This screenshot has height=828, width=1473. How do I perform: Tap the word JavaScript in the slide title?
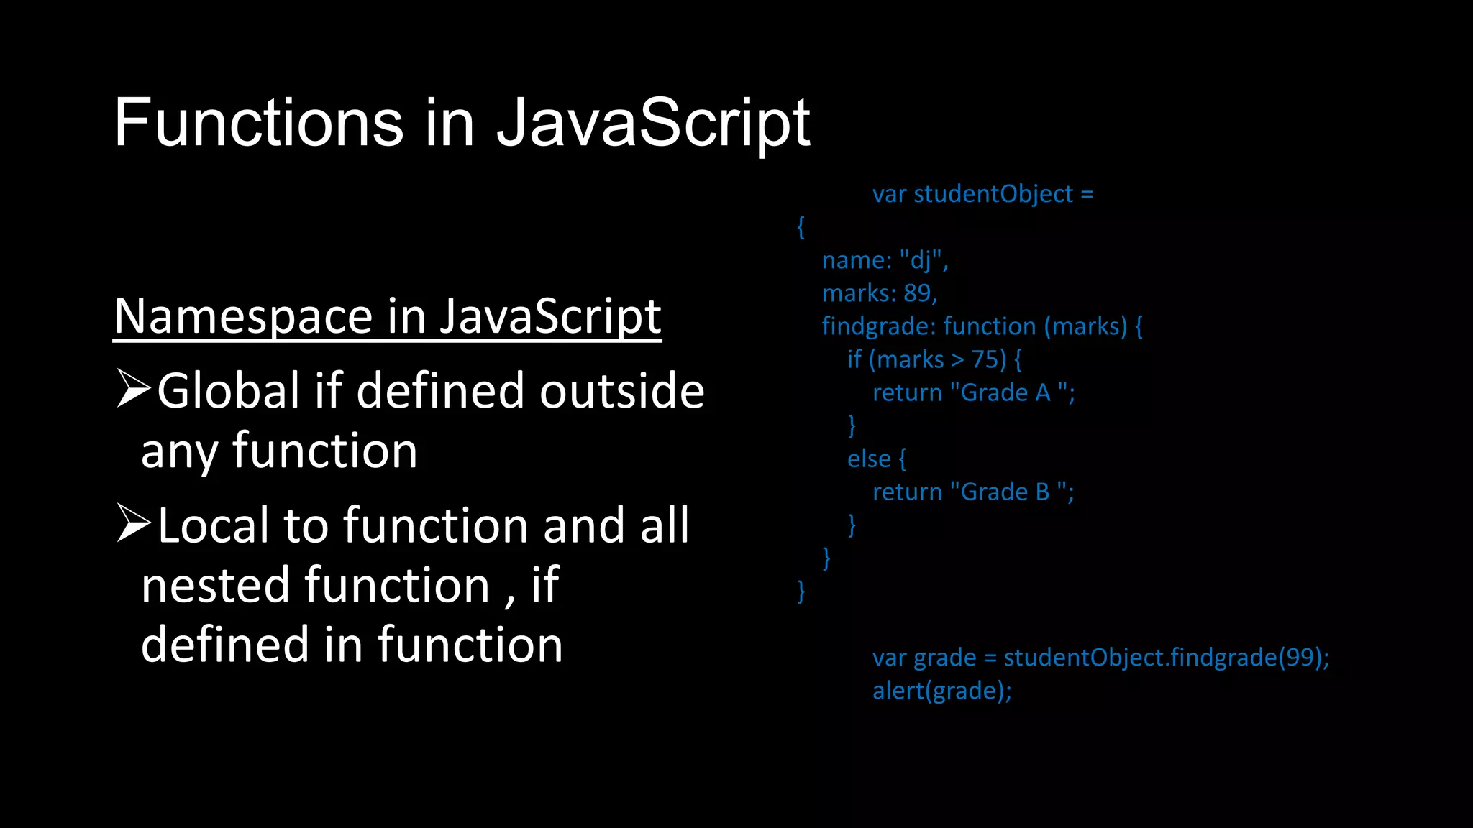653,123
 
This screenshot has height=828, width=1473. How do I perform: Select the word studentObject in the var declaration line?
993,194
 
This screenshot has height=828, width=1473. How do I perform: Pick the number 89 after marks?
917,293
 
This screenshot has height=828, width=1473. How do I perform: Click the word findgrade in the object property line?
876,326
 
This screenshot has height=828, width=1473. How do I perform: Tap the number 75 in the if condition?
985,359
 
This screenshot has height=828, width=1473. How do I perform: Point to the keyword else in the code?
869,459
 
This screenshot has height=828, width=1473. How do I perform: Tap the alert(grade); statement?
941,691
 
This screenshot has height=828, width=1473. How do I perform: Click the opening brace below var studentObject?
801,227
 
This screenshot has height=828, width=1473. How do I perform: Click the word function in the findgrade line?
990,326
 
